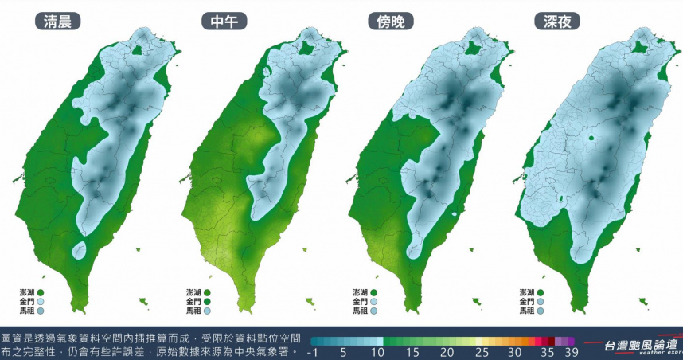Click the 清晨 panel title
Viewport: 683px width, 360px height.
(x=58, y=22)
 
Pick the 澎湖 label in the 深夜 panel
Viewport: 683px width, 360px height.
(x=526, y=292)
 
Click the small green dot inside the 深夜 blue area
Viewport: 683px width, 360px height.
(x=591, y=139)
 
